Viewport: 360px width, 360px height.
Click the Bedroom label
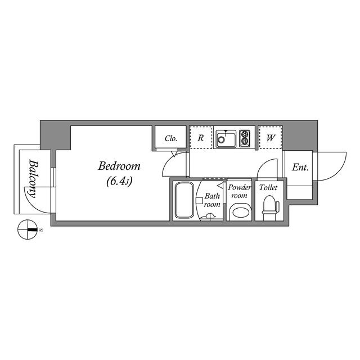point(119,166)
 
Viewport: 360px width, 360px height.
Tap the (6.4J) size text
point(119,182)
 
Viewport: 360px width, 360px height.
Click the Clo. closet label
point(171,138)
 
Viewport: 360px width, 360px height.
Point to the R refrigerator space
point(201,137)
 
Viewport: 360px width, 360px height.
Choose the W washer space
point(271,138)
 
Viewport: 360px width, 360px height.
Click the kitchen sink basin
point(226,139)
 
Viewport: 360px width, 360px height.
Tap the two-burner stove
point(245,138)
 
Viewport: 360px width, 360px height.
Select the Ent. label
point(300,168)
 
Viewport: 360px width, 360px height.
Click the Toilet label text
point(268,187)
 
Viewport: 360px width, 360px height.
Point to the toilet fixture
point(271,208)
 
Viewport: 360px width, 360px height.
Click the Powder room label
point(239,191)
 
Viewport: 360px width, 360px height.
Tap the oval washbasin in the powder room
point(240,212)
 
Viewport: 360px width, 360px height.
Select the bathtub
point(184,200)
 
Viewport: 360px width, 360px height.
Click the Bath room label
point(212,200)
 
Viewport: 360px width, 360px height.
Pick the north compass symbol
point(28,229)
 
